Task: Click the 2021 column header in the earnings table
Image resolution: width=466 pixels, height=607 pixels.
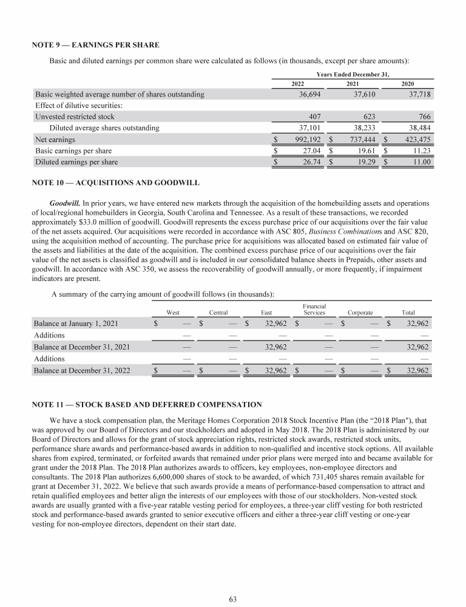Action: [352, 83]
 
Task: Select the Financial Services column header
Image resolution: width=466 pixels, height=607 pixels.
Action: [315, 309]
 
